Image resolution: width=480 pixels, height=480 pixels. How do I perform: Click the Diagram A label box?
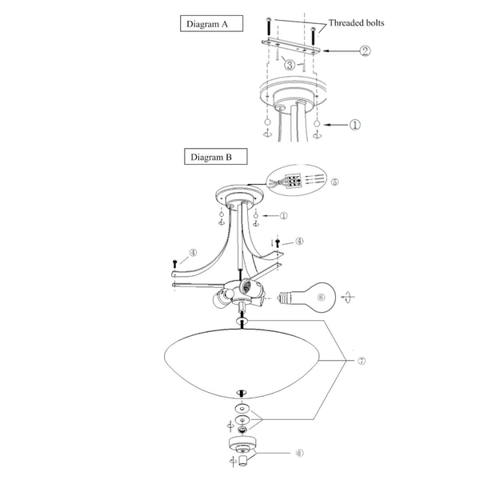211,23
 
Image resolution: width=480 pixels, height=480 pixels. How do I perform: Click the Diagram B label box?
215,157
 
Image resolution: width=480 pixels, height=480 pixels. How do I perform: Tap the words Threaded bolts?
356,23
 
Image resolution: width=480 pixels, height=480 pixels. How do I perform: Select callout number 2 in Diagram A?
365,51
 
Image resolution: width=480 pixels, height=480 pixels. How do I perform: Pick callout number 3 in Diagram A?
290,65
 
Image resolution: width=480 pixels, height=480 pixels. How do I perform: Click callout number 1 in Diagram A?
355,125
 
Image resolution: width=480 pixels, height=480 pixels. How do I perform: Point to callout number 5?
335,182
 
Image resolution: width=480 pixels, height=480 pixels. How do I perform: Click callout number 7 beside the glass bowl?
362,361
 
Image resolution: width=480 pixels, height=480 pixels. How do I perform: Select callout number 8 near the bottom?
300,453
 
